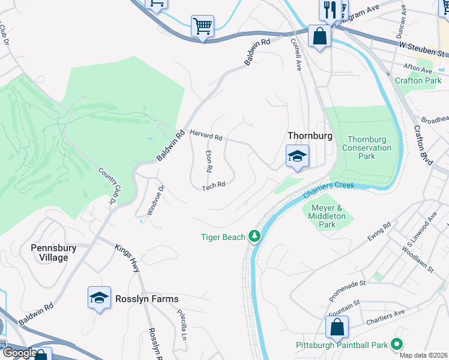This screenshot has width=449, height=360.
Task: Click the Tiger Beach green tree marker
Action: click(x=255, y=236)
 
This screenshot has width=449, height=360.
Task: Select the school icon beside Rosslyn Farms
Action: click(x=99, y=298)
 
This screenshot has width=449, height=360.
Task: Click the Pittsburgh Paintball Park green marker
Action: click(x=396, y=344)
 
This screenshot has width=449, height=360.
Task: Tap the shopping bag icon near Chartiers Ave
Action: click(x=337, y=328)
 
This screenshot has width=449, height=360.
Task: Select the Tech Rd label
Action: click(x=213, y=185)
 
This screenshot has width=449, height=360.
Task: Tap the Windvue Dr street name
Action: click(x=154, y=200)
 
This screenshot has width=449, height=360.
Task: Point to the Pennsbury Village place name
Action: click(x=53, y=253)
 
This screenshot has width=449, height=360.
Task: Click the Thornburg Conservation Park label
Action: click(x=366, y=148)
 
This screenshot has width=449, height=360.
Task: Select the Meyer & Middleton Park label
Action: click(x=327, y=216)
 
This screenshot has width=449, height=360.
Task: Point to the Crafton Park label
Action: click(x=418, y=80)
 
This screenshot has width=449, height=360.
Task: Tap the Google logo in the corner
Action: click(x=19, y=353)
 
